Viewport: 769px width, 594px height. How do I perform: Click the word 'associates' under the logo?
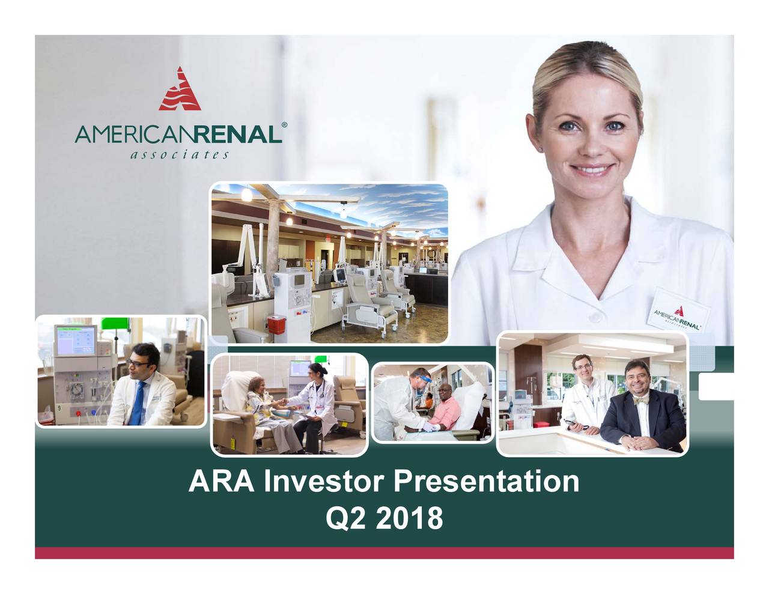180,155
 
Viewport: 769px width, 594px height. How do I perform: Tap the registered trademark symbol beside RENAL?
284,125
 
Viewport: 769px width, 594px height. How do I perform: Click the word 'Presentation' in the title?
487,482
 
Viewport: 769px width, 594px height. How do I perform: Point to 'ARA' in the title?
221,482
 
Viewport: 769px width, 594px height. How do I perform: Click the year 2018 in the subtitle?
409,518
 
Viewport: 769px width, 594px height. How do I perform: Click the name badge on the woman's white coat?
678,312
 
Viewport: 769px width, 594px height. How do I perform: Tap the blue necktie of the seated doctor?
136,404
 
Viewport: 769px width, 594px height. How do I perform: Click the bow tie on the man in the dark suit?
640,401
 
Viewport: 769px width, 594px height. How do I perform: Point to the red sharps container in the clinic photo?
276,325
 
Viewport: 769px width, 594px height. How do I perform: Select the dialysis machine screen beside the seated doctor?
76,341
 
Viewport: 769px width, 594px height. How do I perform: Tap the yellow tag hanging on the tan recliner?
233,442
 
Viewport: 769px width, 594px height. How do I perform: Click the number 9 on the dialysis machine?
59,408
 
